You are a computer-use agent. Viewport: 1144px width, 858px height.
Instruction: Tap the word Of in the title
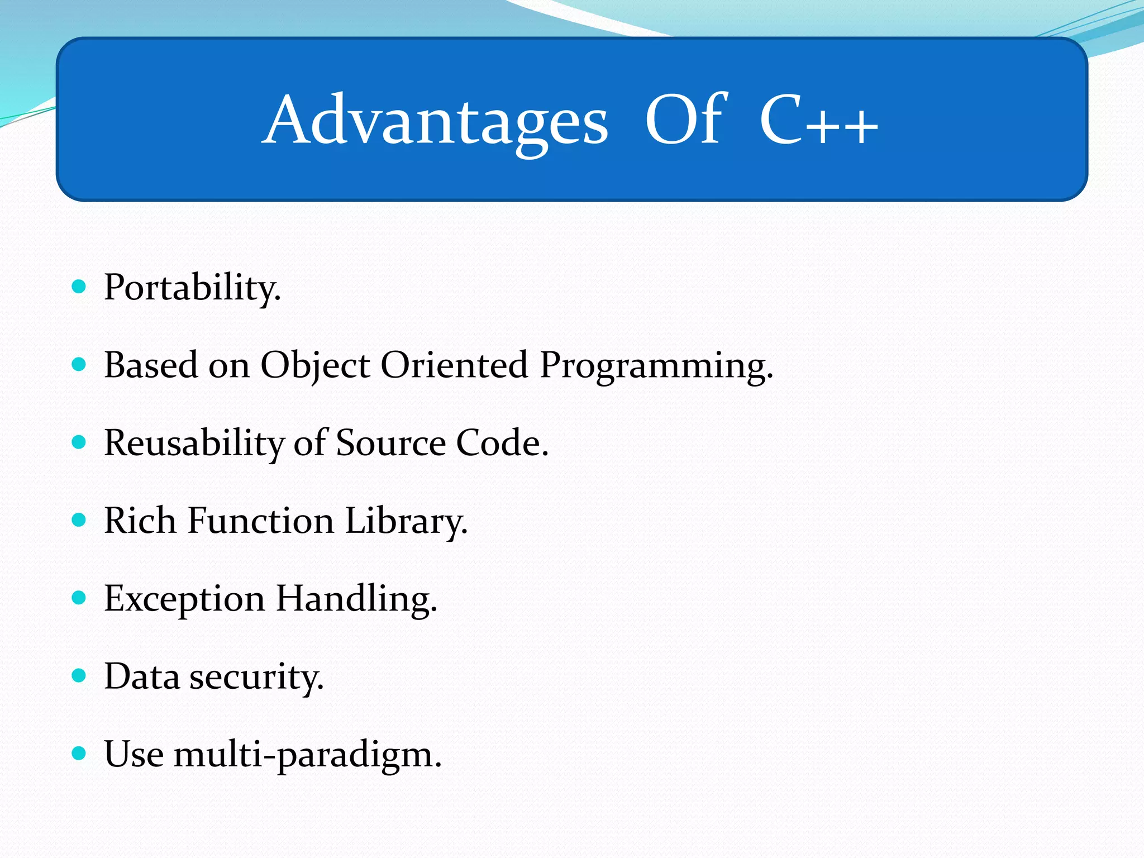point(685,120)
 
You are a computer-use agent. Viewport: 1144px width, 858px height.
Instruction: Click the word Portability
point(192,288)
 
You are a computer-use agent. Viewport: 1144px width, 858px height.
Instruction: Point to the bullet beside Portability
point(79,287)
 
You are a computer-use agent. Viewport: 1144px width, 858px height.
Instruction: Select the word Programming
point(656,366)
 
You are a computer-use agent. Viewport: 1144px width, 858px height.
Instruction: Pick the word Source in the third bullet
point(391,443)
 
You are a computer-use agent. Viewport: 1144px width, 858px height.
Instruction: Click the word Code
point(502,443)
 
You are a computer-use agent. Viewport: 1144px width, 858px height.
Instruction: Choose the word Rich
point(140,521)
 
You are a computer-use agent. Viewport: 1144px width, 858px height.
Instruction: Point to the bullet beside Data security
point(79,676)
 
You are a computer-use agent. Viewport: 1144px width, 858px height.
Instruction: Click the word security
point(256,677)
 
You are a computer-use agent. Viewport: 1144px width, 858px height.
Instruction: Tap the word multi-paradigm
point(307,755)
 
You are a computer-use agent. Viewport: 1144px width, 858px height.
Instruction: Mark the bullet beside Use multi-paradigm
point(79,754)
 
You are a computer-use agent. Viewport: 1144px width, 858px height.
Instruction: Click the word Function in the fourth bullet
point(261,521)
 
